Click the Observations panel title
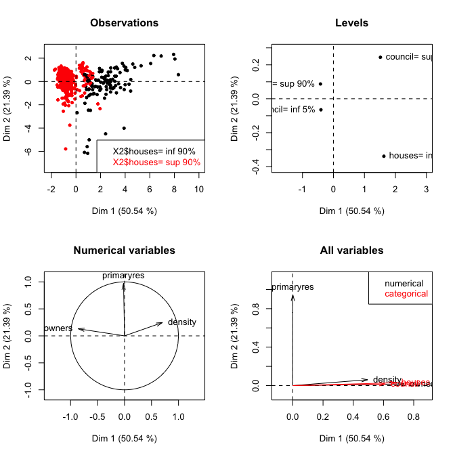coord(125,23)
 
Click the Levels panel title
coord(352,23)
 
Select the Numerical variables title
coord(125,251)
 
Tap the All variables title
coord(352,251)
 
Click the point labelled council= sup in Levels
coord(381,57)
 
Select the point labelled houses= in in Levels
coord(384,156)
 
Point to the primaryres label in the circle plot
coord(123,276)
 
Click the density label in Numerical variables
coord(181,322)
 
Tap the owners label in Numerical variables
coord(58,328)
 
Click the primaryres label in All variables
coord(292,287)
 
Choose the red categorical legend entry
coord(406,294)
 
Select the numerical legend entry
coord(404,284)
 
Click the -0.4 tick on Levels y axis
coord(257,168)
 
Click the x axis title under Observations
coord(125,211)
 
